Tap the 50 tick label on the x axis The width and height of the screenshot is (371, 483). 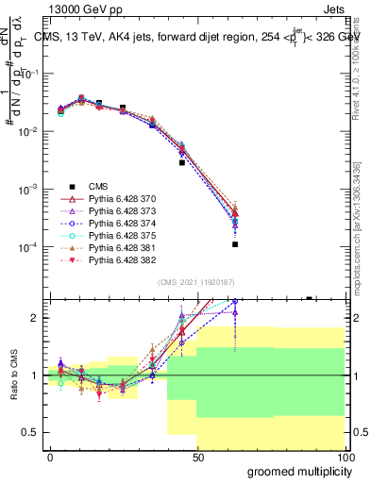tap(197, 457)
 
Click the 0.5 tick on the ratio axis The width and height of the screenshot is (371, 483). tap(31, 432)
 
